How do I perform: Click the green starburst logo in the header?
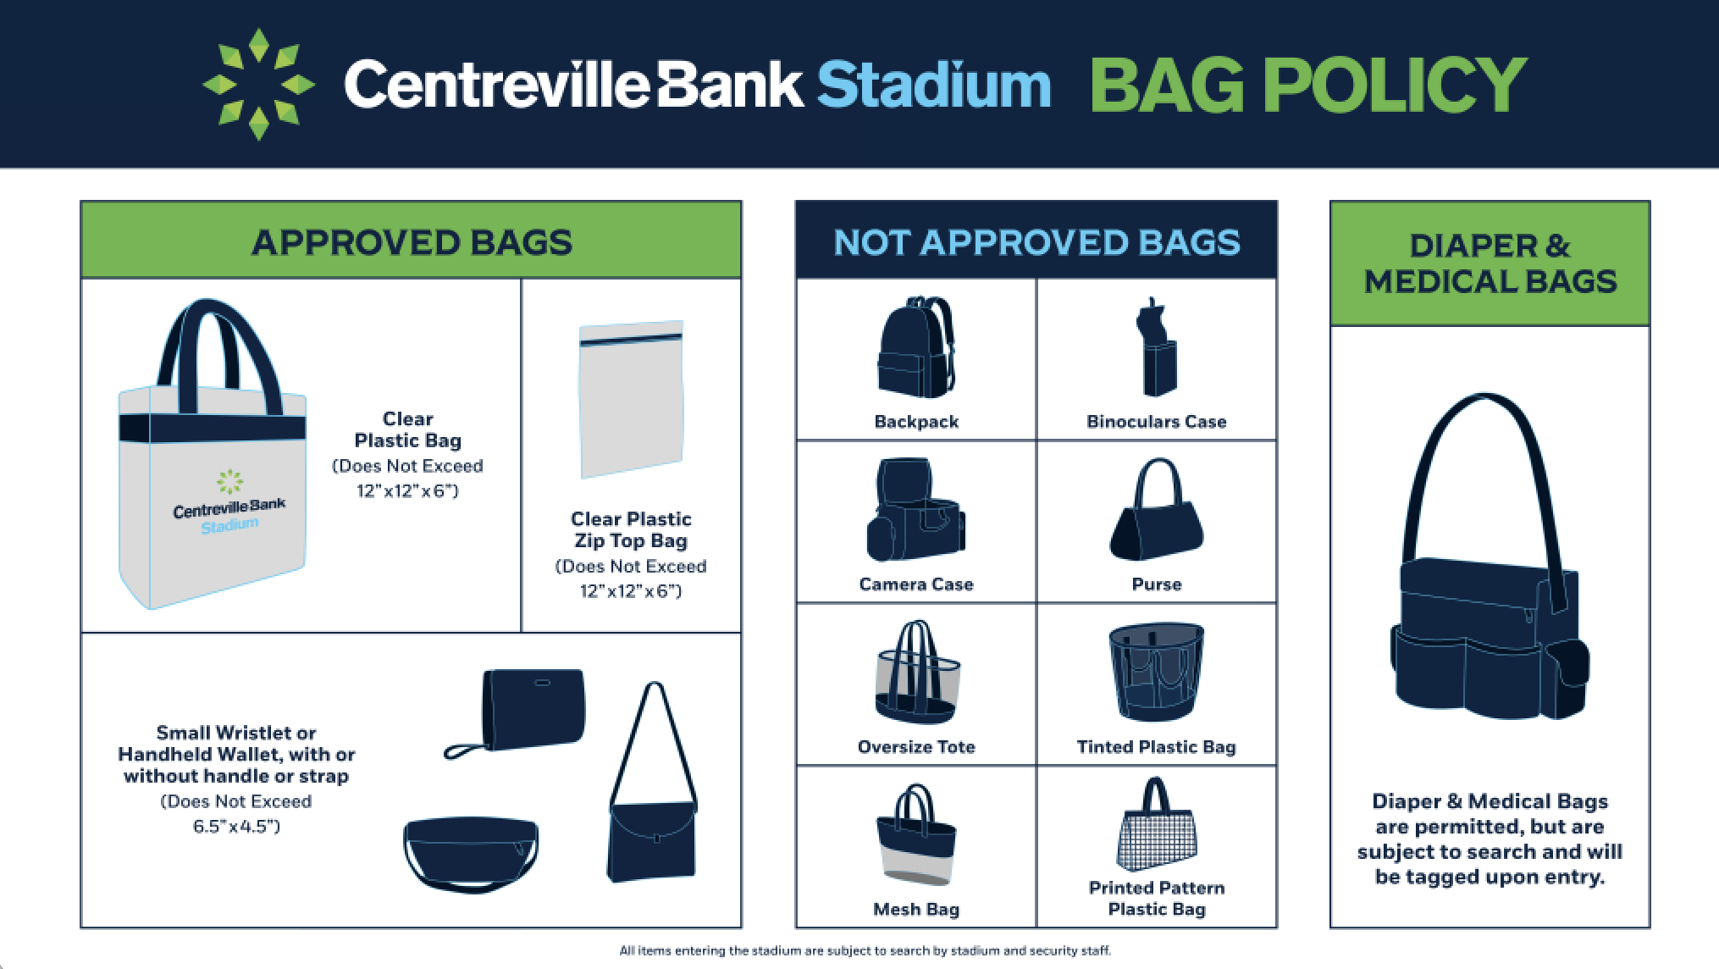coord(258,84)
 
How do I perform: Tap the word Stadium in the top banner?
coord(933,85)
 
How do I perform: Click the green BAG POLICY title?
coord(1308,85)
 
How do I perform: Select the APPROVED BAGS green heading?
coord(412,242)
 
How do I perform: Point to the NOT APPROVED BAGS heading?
coord(1036,242)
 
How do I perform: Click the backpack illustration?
coord(917,347)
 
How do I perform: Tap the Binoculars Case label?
coord(1157,422)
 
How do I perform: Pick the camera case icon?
coord(915,510)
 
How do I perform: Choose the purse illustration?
coord(1157,510)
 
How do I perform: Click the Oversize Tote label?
coord(916,747)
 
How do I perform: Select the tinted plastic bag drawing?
coord(1157,673)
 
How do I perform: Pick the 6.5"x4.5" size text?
coord(236,827)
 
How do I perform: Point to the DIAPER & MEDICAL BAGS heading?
coord(1490,263)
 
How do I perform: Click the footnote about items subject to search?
coord(865,951)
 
